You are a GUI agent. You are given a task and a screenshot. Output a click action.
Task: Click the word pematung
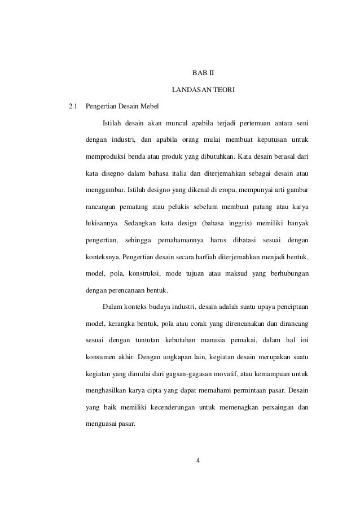pos(136,204)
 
